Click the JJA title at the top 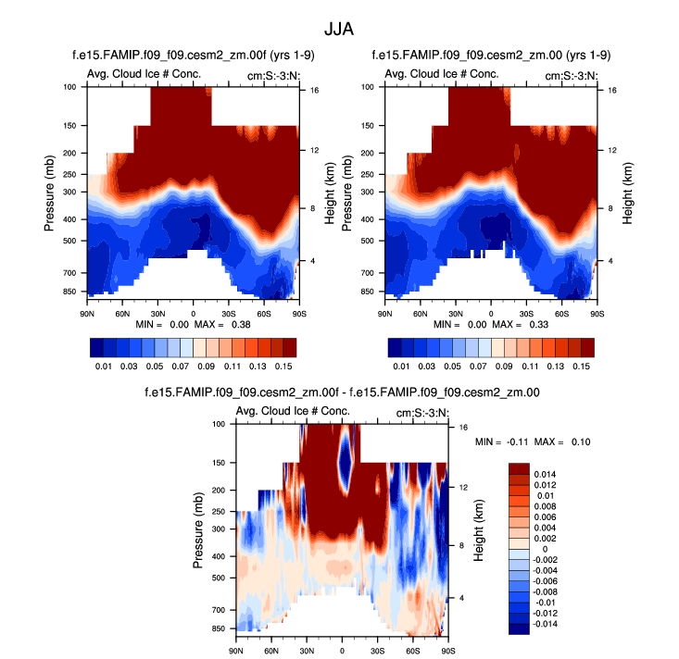tap(338, 29)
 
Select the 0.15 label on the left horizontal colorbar tap(289, 367)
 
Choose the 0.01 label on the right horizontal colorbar tap(400, 367)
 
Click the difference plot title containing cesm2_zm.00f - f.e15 tap(343, 392)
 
